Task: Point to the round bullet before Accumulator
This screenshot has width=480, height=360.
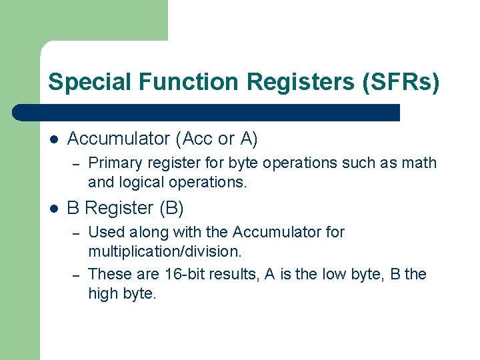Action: (x=54, y=139)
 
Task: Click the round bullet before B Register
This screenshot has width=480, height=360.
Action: (x=54, y=209)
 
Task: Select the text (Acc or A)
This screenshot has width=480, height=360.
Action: (x=217, y=139)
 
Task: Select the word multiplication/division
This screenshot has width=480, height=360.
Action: (x=165, y=252)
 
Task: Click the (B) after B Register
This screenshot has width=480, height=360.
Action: (x=171, y=208)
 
